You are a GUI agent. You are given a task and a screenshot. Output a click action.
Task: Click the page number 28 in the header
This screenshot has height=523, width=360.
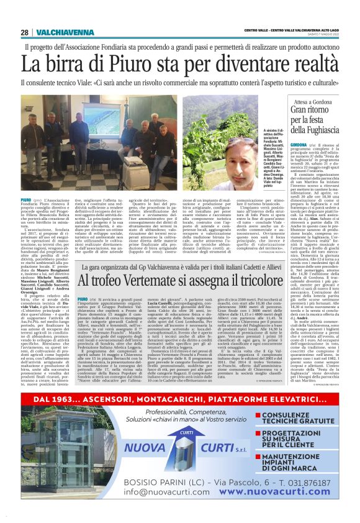[x=24, y=32]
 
